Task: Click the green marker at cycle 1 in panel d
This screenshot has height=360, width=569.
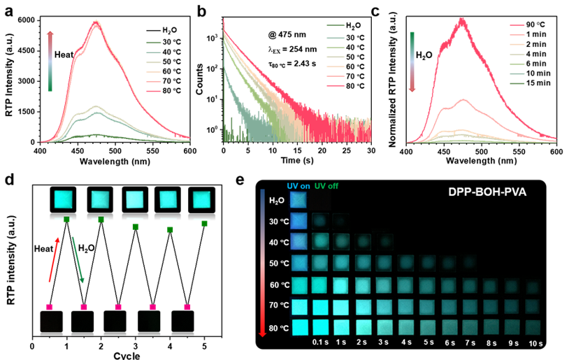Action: coord(66,220)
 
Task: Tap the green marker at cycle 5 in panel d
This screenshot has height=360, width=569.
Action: coord(204,223)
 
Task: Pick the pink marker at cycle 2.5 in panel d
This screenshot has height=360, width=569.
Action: coord(118,307)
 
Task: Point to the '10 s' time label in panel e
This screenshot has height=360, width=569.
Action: coord(534,342)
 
